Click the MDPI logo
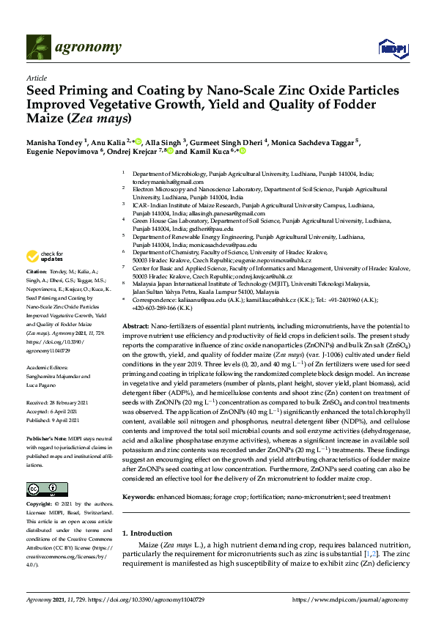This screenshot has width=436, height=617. click(x=388, y=48)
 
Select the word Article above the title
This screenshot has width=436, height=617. click(x=36, y=77)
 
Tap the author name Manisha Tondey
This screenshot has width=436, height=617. click(x=55, y=141)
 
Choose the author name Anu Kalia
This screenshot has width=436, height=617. click(x=110, y=141)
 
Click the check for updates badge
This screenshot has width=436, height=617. click(x=45, y=256)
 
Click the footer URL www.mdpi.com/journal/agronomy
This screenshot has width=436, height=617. click(x=349, y=599)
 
